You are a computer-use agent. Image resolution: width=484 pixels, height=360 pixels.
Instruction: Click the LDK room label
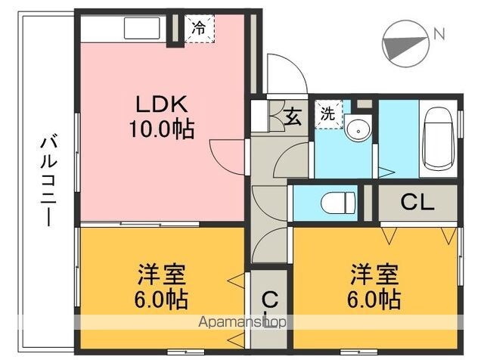tap(162, 104)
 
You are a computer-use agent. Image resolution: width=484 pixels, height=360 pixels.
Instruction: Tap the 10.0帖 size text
tap(162, 129)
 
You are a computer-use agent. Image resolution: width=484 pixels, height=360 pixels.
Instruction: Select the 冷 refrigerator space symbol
tap(199, 29)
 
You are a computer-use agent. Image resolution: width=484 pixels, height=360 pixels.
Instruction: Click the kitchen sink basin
tap(142, 28)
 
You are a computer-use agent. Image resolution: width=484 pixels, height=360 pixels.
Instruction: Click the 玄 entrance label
tap(293, 116)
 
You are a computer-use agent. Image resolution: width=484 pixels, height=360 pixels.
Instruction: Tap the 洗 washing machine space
tap(328, 113)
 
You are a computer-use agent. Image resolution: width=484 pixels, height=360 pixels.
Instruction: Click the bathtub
tap(439, 138)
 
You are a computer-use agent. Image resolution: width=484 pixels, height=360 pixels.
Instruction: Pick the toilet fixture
tap(338, 203)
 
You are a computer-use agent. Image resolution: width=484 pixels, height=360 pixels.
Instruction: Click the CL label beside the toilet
tap(417, 202)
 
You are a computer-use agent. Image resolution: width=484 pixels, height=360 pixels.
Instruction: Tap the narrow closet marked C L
tap(269, 309)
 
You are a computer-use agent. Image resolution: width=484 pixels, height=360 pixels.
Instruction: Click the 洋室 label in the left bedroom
tap(162, 275)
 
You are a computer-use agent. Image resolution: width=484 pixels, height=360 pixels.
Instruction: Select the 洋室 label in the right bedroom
tap(374, 275)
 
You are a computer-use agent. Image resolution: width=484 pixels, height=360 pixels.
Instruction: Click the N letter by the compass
tap(439, 33)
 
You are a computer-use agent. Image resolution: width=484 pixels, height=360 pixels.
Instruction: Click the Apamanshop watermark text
tap(242, 322)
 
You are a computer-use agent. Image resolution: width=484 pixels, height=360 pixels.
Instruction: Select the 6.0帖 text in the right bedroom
tap(374, 299)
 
